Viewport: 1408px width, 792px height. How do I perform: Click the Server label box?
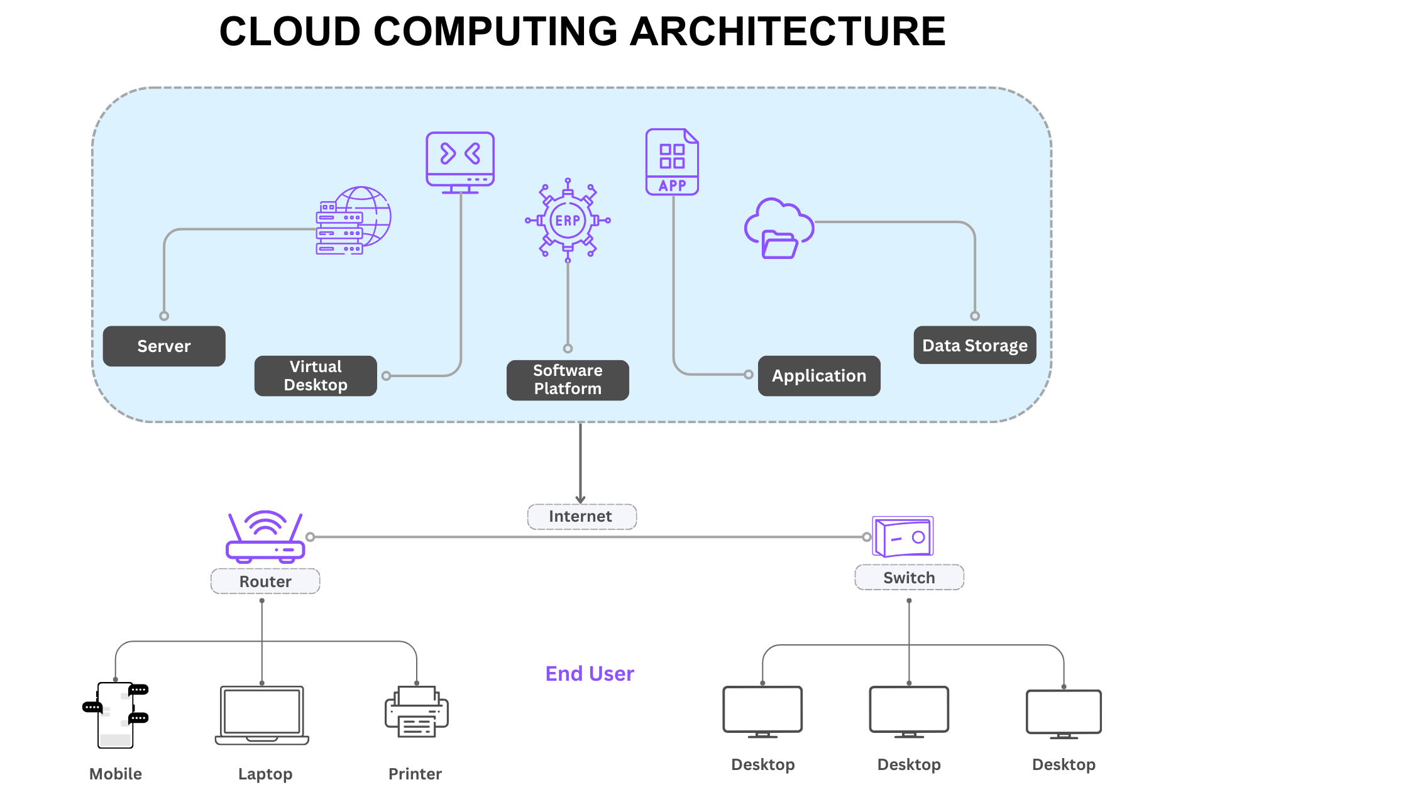pyautogui.click(x=164, y=346)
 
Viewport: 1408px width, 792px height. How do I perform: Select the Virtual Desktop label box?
pyautogui.click(x=316, y=376)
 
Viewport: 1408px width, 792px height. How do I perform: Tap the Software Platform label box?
pyautogui.click(x=568, y=380)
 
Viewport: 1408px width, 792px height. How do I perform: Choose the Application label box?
pyautogui.click(x=819, y=376)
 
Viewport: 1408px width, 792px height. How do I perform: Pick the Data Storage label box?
pyautogui.click(x=974, y=345)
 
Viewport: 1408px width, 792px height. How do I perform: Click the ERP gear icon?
pyautogui.click(x=568, y=220)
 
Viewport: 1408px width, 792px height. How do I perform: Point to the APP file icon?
pyautogui.click(x=672, y=162)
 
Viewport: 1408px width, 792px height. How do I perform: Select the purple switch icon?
pyautogui.click(x=903, y=537)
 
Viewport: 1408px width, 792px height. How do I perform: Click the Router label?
pyautogui.click(x=265, y=581)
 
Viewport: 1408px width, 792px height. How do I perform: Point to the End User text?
pyautogui.click(x=590, y=674)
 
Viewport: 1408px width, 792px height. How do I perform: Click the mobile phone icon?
pyautogui.click(x=116, y=715)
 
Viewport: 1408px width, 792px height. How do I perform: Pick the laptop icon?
pyautogui.click(x=262, y=715)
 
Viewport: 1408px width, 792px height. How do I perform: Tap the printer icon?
pyautogui.click(x=416, y=712)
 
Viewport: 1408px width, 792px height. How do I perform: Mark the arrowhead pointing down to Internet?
pyautogui.click(x=580, y=500)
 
